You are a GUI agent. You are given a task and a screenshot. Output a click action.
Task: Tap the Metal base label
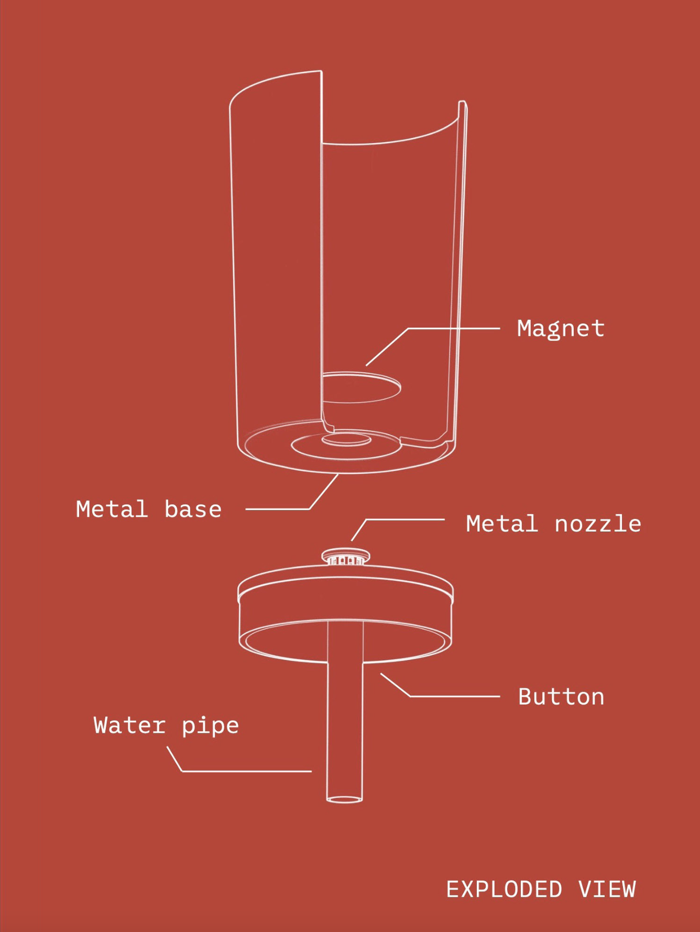click(148, 510)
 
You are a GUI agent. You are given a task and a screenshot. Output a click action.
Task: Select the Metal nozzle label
click(553, 524)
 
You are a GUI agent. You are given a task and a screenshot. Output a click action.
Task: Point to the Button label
click(561, 697)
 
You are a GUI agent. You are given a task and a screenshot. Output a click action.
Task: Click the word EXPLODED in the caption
click(504, 890)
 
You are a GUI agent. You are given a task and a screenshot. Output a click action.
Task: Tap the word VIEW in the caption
click(607, 890)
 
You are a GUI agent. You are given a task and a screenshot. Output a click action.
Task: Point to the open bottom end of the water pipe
click(344, 799)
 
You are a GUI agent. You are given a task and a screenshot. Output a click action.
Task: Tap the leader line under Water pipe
click(246, 771)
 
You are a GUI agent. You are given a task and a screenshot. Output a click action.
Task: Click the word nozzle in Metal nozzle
click(597, 524)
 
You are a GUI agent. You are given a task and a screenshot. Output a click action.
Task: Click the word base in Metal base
click(193, 510)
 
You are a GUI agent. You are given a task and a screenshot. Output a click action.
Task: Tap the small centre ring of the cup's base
click(346, 439)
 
